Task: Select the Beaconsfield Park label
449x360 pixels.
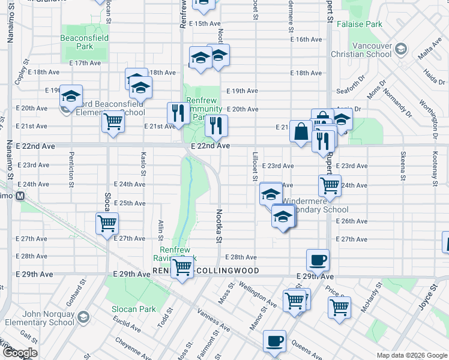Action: [x=85, y=41]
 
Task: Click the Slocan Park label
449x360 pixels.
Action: [x=133, y=309]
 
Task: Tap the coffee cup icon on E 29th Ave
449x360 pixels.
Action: [x=318, y=260]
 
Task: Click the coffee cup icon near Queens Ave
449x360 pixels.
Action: [x=274, y=340]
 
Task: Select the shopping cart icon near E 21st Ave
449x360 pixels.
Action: [x=113, y=121]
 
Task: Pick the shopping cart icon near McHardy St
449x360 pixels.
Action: [x=339, y=306]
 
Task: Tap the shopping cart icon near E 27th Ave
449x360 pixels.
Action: [x=107, y=223]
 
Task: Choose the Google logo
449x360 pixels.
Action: [x=19, y=353]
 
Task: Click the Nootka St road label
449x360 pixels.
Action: [x=218, y=226]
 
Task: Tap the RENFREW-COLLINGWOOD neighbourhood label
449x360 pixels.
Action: [x=206, y=271]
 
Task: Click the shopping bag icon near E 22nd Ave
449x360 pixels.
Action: [x=300, y=131]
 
